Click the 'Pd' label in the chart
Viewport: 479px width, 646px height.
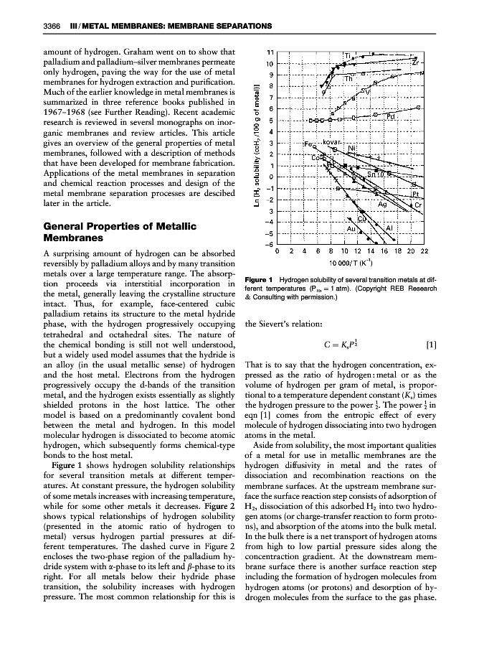click(x=391, y=116)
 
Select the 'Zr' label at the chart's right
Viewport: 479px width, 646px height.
click(x=415, y=62)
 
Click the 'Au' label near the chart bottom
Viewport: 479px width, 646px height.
click(x=351, y=228)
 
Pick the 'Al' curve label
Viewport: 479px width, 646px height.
click(x=389, y=228)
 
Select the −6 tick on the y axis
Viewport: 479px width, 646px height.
click(x=270, y=245)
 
